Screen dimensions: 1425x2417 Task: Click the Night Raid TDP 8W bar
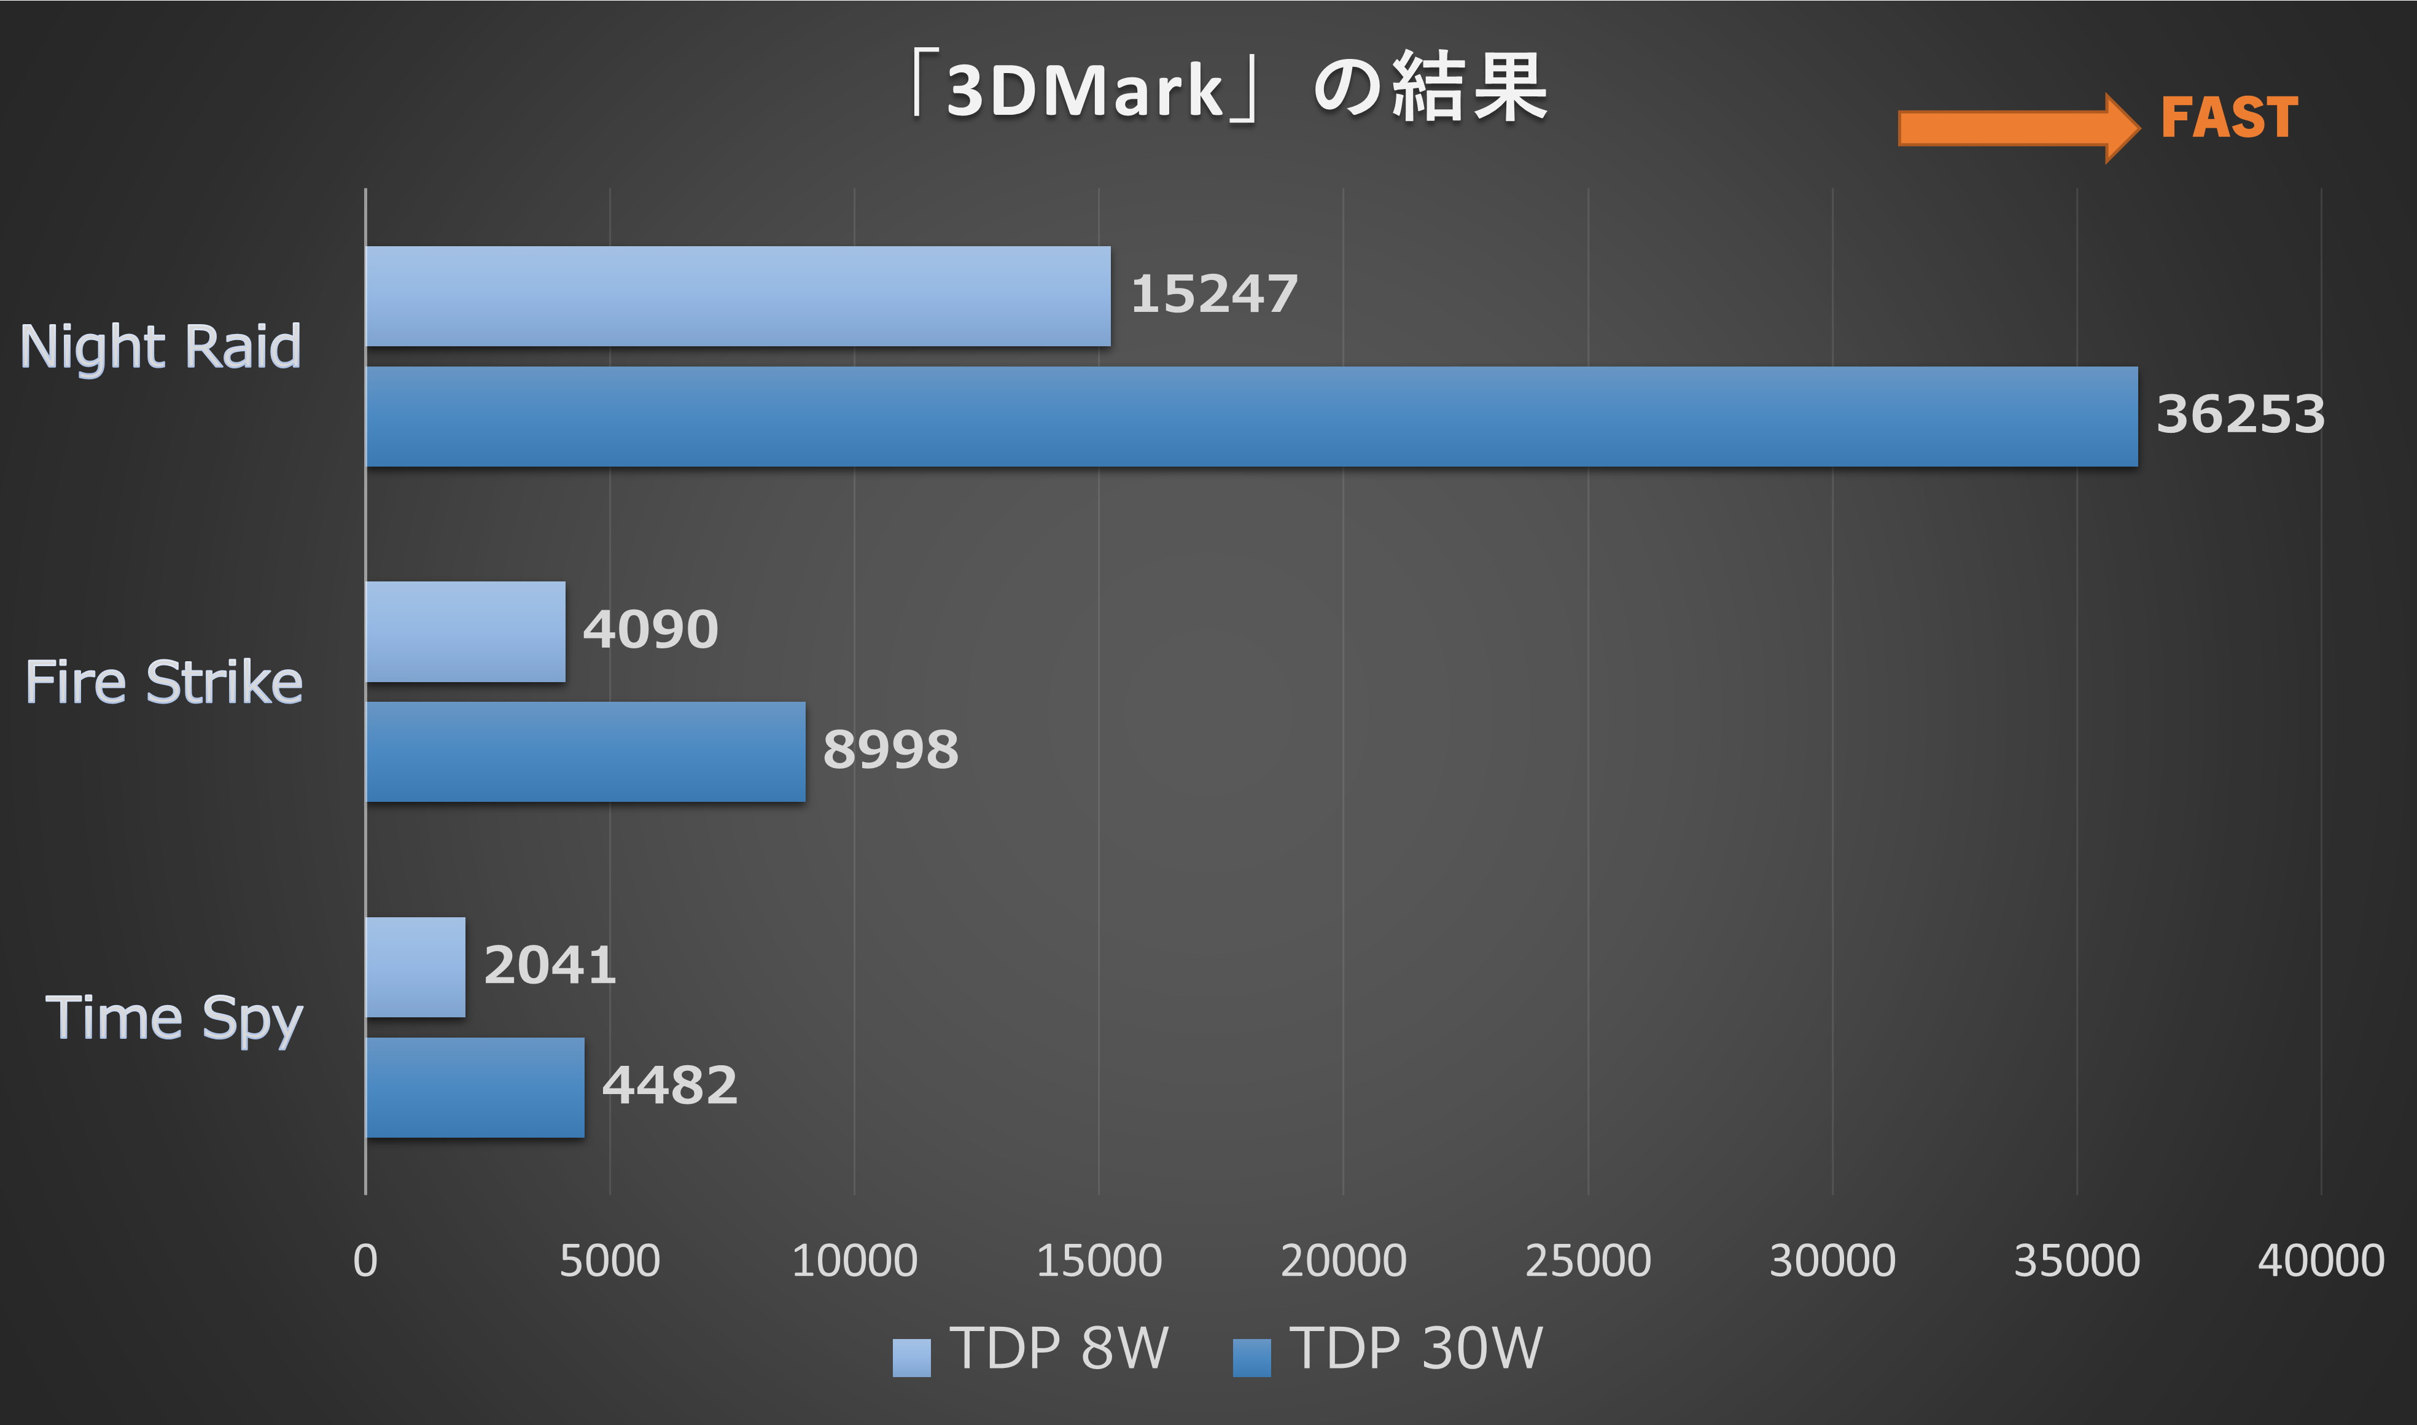tap(738, 296)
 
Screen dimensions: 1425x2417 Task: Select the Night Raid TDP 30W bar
tap(1251, 417)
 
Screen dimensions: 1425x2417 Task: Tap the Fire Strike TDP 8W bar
tap(465, 632)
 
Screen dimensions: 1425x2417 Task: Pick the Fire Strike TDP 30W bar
tap(585, 752)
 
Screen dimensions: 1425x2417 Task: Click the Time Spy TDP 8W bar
tap(415, 967)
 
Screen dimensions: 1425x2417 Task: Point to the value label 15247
tap(1214, 294)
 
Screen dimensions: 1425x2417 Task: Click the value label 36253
tap(2240, 415)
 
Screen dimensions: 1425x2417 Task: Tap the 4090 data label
tap(650, 630)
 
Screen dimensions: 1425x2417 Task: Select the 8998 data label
tap(890, 750)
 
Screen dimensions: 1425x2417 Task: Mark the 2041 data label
tap(549, 965)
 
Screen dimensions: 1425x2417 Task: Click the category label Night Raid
tap(160, 347)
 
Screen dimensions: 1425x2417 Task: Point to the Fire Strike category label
tap(163, 683)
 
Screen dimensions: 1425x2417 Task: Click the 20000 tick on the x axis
tap(1342, 1261)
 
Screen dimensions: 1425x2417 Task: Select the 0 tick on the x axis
tap(365, 1261)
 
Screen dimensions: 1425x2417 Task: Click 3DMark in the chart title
tap(1083, 91)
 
